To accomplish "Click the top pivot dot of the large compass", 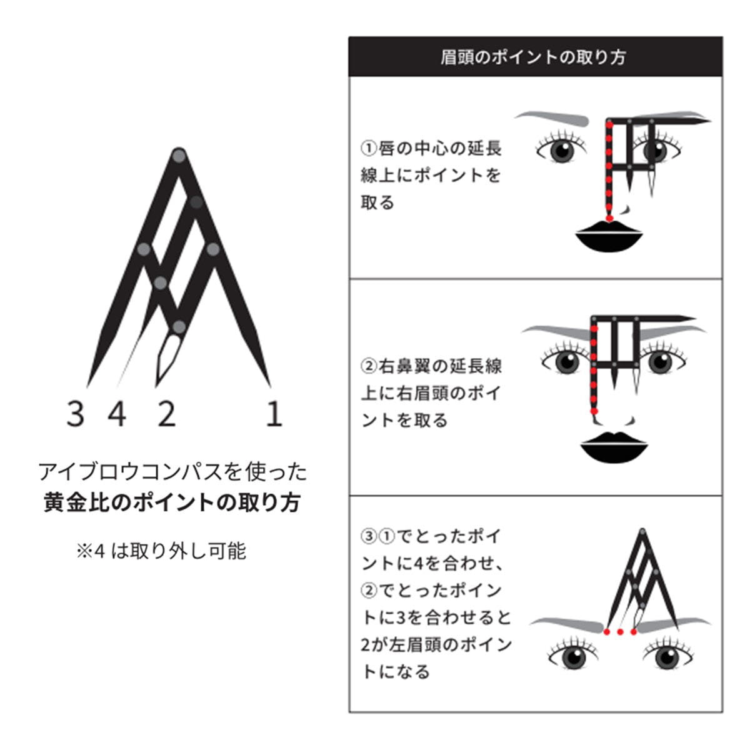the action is click(179, 156).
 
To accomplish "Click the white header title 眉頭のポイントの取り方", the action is click(533, 57).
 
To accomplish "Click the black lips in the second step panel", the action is click(614, 448).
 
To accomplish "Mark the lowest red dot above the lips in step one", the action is click(609, 218).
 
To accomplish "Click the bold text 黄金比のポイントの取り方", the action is click(172, 502).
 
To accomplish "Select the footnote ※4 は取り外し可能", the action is click(161, 551).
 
